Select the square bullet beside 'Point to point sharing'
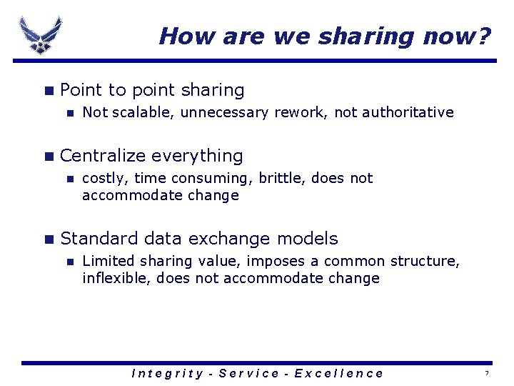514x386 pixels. tap(48, 91)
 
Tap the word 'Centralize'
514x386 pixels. tap(104, 156)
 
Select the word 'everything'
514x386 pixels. tap(197, 156)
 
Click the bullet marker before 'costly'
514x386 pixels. tap(69, 179)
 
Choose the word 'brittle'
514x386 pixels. tap(286, 178)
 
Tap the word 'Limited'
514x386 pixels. tap(106, 261)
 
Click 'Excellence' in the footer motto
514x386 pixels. tap(338, 373)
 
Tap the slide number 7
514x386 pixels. tap(487, 374)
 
